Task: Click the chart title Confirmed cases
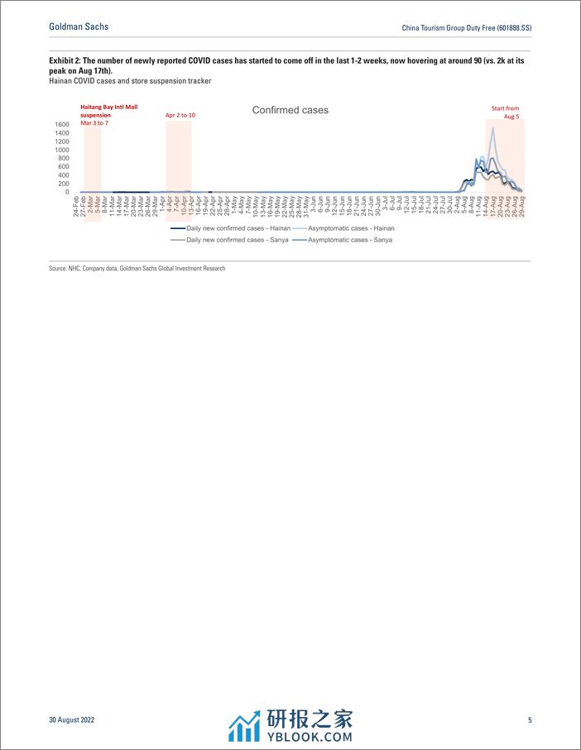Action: pos(290,110)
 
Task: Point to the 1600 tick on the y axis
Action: pos(61,124)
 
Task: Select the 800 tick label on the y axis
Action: pos(64,158)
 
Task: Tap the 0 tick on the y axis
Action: pos(68,192)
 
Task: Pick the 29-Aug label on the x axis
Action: pos(521,208)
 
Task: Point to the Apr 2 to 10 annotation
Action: pos(180,115)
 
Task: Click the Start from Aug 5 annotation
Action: pos(506,112)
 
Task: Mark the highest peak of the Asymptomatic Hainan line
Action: pos(493,128)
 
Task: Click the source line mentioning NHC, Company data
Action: pos(137,268)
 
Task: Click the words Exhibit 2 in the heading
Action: pos(67,60)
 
